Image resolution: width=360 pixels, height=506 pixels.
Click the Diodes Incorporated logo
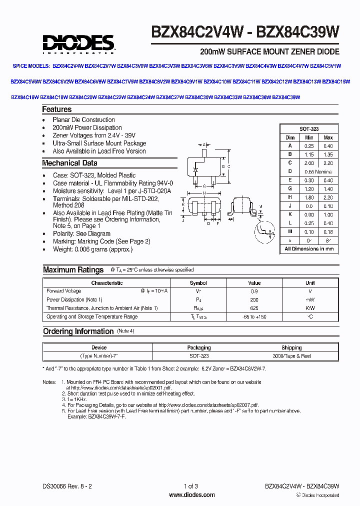tap(78, 43)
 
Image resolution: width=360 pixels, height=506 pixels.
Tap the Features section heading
tap(57, 109)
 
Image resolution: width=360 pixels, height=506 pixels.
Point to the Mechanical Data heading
tap(69, 163)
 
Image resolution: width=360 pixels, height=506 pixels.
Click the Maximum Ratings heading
tap(73, 269)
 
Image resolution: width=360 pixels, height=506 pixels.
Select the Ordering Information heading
tap(78, 331)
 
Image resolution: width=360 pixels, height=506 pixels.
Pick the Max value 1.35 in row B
tap(328, 154)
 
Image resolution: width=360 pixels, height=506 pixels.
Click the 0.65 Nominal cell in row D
tap(318, 171)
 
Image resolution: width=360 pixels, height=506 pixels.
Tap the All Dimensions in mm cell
tap(309, 248)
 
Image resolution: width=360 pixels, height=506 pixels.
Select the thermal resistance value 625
tap(254, 308)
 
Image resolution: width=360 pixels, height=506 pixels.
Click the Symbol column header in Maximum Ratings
tap(198, 283)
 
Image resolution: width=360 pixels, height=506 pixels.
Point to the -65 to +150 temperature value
tap(254, 317)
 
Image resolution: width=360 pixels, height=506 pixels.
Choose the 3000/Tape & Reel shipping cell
tap(291, 356)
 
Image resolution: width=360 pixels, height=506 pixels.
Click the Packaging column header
tap(199, 347)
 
